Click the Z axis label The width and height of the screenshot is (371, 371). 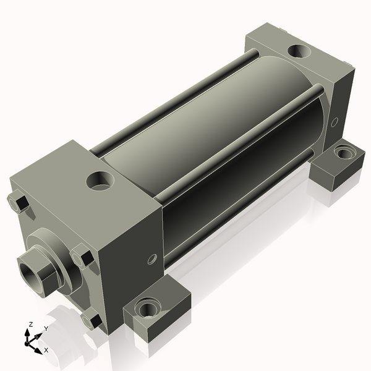pos(30,325)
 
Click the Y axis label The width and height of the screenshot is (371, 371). pos(46,329)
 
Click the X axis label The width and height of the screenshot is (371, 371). pos(46,350)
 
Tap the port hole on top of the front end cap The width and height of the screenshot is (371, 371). pos(100,181)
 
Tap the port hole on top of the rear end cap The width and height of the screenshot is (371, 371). pos(299,51)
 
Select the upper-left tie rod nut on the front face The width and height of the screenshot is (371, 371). pos(19,203)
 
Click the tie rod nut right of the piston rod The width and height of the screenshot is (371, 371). pos(82,257)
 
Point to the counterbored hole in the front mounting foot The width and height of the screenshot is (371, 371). pos(148,308)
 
